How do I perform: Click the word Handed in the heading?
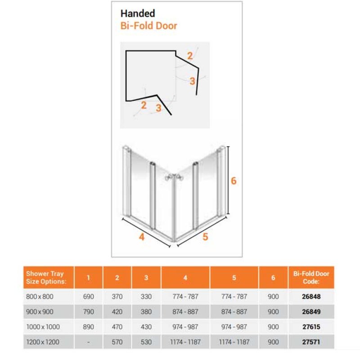click(138, 13)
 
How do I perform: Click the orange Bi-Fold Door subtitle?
click(148, 25)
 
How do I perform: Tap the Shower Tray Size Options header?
click(46, 277)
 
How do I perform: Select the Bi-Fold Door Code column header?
click(311, 277)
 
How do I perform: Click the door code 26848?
click(311, 297)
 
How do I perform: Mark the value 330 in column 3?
click(146, 297)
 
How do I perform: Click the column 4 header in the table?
click(185, 278)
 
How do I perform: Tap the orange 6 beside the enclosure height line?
click(234, 181)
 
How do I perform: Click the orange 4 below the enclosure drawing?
click(142, 237)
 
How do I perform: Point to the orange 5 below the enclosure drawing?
click(205, 237)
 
